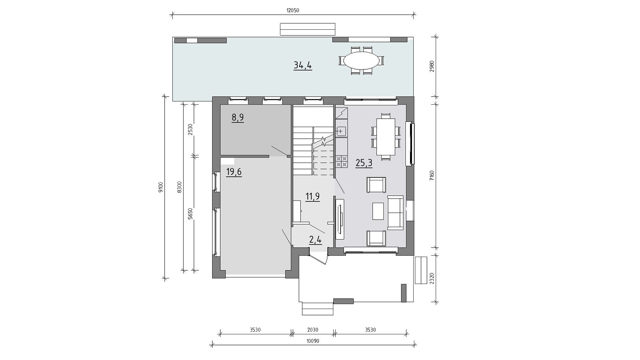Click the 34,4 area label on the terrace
303,65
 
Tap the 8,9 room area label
238,117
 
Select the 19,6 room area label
234,172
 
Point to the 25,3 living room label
364,163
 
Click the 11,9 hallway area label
313,196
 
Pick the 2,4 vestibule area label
315,239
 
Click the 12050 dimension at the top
293,10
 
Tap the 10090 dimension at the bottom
313,341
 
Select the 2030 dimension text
313,330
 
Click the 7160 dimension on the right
432,175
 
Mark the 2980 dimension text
432,66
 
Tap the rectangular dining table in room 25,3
386,137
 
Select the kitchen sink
342,131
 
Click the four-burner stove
342,161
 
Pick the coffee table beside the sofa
378,211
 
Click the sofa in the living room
395,213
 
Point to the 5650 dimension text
190,213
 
